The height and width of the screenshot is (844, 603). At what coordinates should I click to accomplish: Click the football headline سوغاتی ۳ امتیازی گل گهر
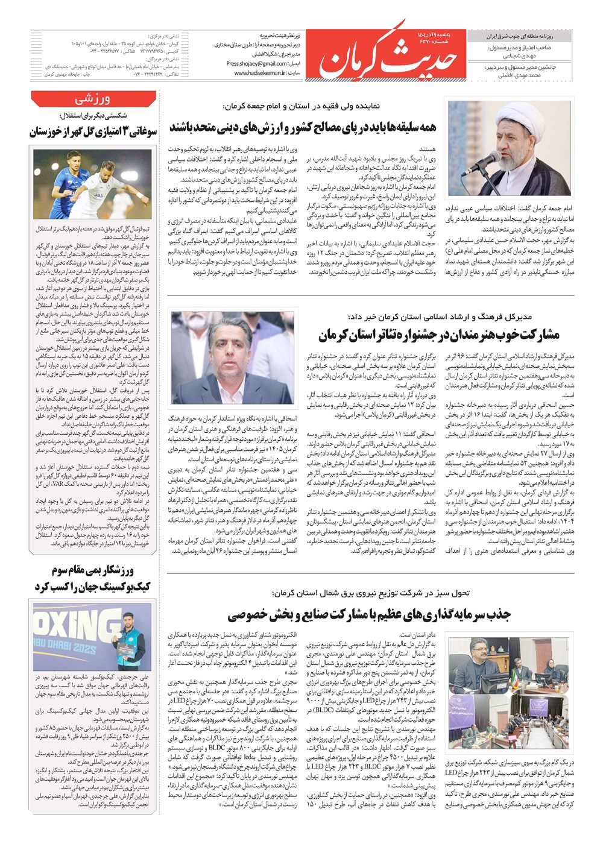pos(93,132)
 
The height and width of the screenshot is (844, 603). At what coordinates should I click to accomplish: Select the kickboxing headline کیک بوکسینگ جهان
pos(93,586)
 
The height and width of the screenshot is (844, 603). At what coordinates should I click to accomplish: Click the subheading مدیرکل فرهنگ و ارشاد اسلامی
pos(440,317)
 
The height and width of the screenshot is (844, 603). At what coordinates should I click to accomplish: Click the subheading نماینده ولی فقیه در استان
pos(301,107)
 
